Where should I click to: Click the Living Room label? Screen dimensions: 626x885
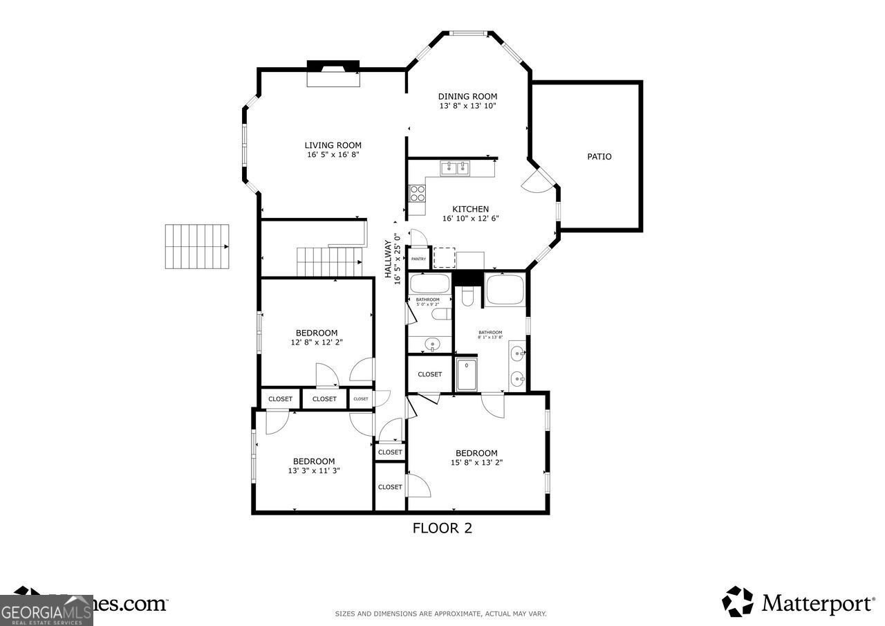[333, 145]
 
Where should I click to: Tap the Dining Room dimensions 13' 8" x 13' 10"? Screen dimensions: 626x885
[467, 106]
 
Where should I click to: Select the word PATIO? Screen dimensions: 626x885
[599, 156]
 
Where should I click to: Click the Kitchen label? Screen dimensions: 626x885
[470, 209]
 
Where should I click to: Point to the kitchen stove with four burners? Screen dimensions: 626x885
[417, 192]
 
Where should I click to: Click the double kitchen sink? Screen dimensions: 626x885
[455, 167]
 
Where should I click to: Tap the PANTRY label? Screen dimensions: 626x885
[418, 259]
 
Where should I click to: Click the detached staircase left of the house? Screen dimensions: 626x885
[196, 246]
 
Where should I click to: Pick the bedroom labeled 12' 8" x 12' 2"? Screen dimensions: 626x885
[317, 337]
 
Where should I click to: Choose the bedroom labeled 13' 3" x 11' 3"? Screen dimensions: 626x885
[314, 466]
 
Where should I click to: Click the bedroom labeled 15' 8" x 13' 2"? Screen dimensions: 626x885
[476, 458]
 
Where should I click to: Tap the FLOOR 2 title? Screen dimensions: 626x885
[442, 528]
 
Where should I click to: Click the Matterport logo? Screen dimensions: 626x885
[798, 602]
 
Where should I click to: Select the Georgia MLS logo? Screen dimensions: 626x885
[46, 610]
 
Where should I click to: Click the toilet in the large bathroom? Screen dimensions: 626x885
[467, 297]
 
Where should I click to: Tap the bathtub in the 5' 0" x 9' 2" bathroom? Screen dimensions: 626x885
[429, 284]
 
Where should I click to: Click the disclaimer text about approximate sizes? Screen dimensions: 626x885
[440, 614]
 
